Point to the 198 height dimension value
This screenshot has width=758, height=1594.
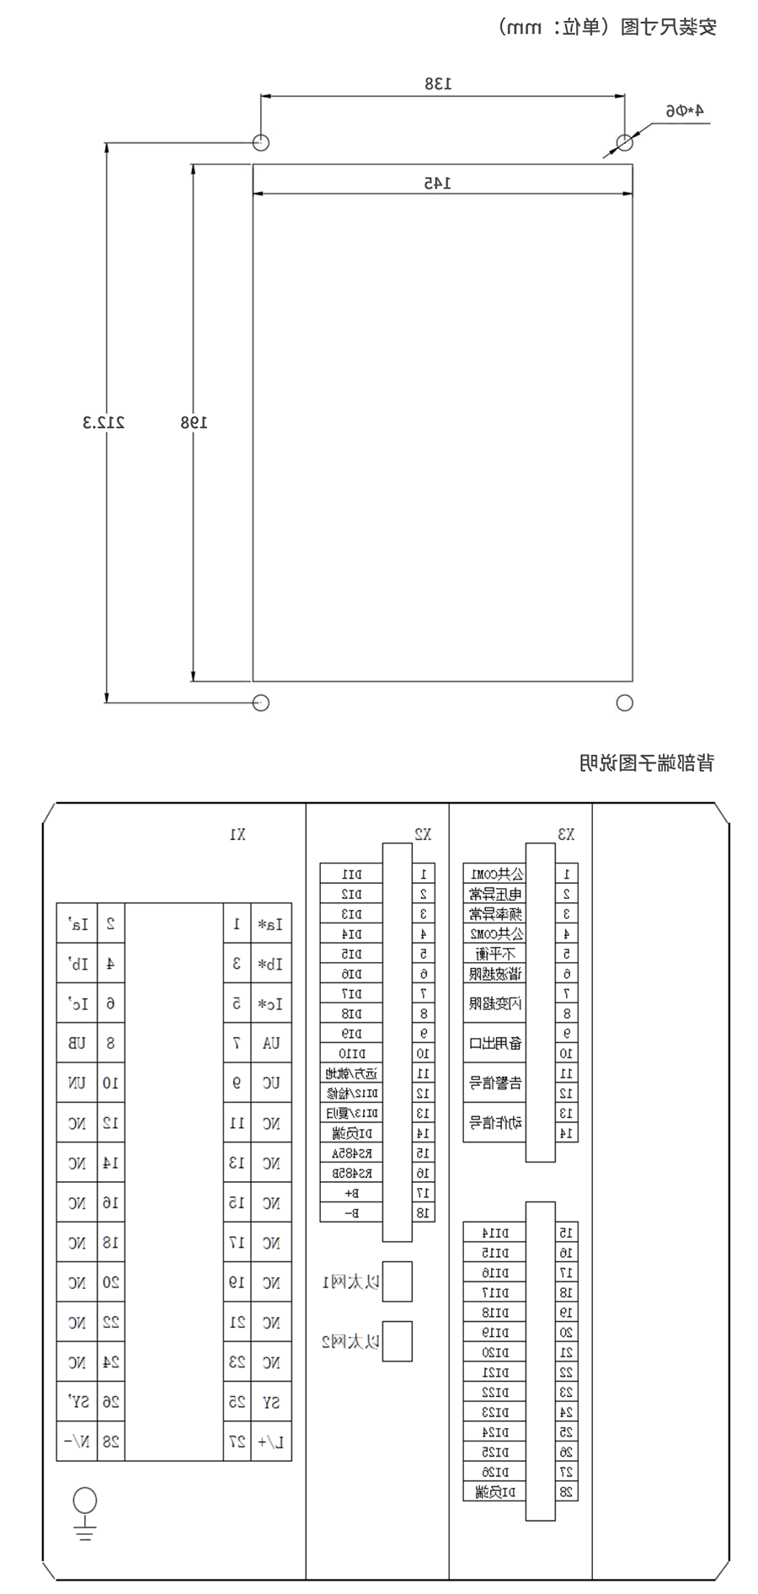click(x=193, y=422)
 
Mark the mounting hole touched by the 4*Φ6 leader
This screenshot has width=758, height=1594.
click(x=624, y=142)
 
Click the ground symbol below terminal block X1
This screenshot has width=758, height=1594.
click(x=84, y=1523)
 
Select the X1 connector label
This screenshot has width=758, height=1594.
click(x=238, y=834)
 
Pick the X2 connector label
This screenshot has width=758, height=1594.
click(x=423, y=834)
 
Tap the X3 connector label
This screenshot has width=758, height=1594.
click(x=566, y=834)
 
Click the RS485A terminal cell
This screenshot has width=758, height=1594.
click(x=351, y=1153)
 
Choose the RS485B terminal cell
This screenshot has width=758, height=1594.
click(x=351, y=1173)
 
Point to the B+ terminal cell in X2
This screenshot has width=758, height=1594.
click(x=351, y=1193)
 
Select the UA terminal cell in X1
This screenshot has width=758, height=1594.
click(x=270, y=1043)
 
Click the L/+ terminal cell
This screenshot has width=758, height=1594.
click(x=270, y=1442)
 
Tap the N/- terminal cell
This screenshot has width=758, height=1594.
click(x=77, y=1442)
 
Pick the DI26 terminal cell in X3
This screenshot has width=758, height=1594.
click(x=494, y=1472)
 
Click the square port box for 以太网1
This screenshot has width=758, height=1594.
click(x=397, y=1281)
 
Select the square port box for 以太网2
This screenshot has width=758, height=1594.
click(x=397, y=1341)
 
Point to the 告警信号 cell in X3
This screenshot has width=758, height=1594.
click(x=494, y=1083)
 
